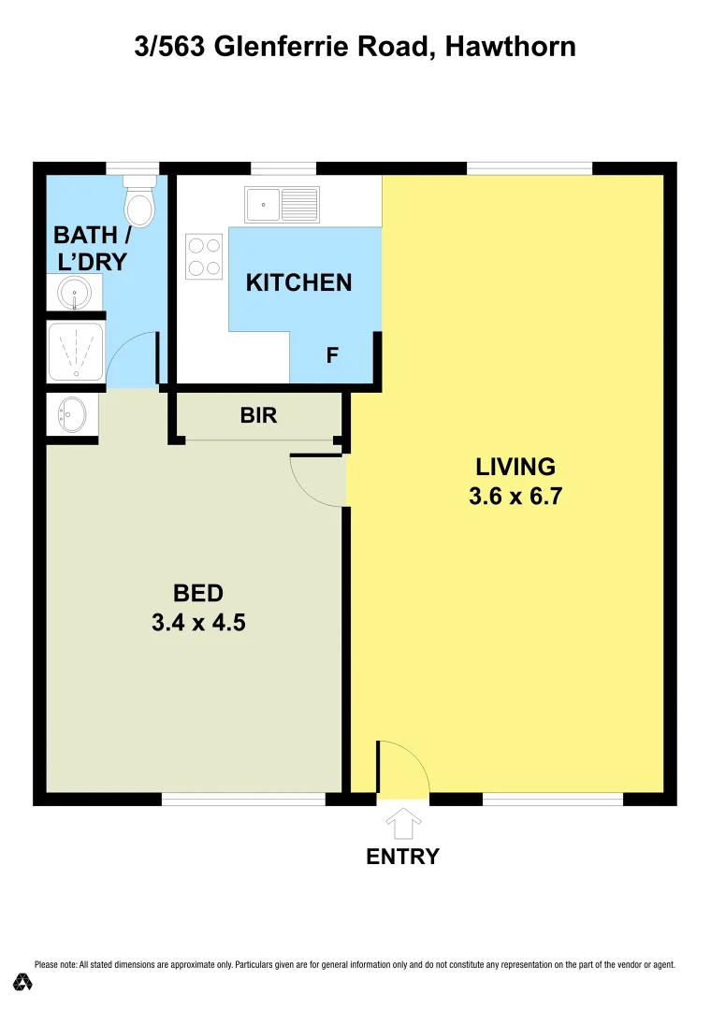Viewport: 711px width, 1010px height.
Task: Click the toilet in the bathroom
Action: click(139, 204)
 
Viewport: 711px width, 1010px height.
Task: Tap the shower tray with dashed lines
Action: click(76, 352)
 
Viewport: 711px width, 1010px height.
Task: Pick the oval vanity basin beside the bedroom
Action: click(72, 411)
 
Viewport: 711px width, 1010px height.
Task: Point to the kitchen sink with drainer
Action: click(282, 202)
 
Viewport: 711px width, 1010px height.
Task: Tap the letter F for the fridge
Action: click(331, 355)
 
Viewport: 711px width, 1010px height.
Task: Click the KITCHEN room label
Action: click(298, 282)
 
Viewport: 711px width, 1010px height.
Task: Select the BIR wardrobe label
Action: click(258, 415)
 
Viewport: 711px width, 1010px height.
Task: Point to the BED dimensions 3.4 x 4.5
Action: click(198, 622)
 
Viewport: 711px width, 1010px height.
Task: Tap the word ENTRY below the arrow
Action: click(402, 857)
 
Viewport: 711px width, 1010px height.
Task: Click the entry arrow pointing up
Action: click(403, 823)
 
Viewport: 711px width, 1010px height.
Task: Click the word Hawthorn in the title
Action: click(510, 47)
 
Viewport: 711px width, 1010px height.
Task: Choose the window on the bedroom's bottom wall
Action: click(243, 800)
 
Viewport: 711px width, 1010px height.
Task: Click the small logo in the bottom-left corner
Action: click(23, 982)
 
